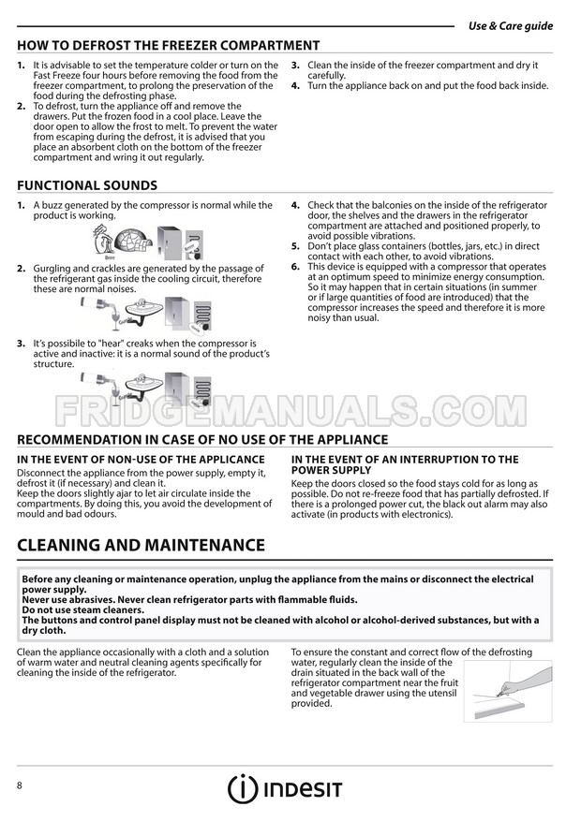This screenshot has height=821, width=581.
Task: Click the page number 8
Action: [20, 784]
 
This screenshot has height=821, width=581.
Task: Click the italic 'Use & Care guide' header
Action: [510, 26]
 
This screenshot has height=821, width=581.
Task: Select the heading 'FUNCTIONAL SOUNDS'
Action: [87, 185]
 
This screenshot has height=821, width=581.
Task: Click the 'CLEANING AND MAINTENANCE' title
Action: [141, 545]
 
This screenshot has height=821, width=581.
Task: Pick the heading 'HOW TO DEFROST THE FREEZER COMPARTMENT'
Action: [169, 45]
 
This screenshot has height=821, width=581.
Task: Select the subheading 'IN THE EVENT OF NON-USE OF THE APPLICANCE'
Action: [141, 460]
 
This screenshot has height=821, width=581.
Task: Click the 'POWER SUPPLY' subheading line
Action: [332, 470]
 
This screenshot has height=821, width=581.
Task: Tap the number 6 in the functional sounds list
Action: [295, 266]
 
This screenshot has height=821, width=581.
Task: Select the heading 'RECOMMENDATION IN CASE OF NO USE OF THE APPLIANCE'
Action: [202, 439]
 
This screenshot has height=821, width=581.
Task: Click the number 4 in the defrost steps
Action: [295, 85]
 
